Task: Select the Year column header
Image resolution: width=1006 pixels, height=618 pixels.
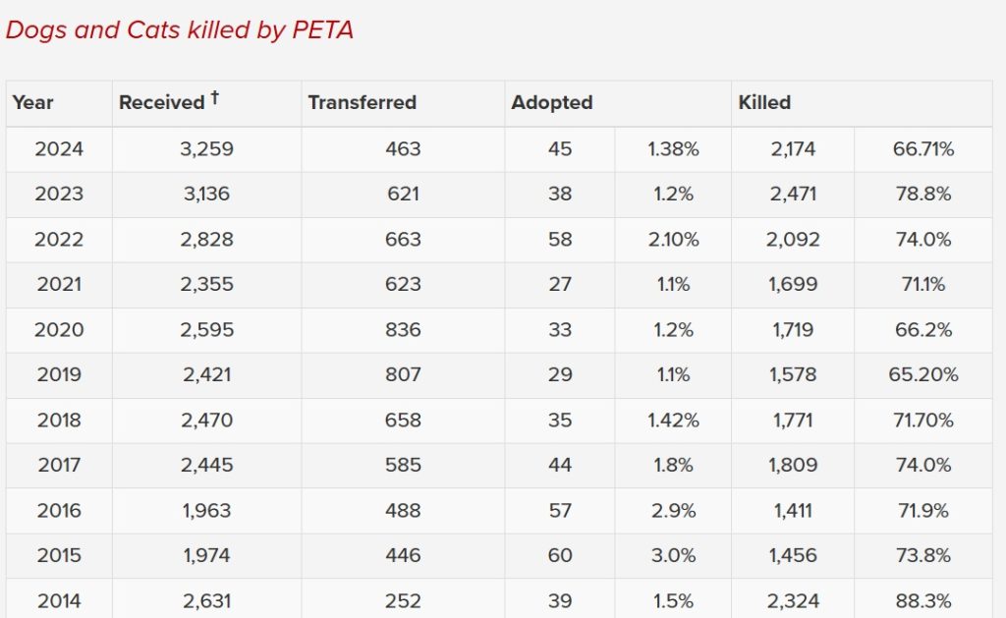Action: (x=32, y=102)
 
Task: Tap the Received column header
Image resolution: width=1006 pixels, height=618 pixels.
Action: (x=161, y=102)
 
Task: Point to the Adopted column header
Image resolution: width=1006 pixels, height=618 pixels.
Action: (x=552, y=102)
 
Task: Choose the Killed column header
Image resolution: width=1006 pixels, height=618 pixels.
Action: (x=764, y=102)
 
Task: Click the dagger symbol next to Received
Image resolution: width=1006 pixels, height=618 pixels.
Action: (x=214, y=98)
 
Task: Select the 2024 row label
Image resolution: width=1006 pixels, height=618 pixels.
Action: (x=59, y=149)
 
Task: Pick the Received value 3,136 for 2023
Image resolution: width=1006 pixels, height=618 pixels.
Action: (x=206, y=195)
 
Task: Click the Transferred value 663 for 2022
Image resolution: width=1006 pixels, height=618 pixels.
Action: (x=403, y=240)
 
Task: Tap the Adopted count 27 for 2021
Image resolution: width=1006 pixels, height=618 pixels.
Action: (x=560, y=285)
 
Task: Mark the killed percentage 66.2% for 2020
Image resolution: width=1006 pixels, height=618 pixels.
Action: (x=922, y=330)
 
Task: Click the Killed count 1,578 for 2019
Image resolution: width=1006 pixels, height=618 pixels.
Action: (x=792, y=375)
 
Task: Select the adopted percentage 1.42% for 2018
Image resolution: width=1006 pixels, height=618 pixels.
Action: (x=673, y=421)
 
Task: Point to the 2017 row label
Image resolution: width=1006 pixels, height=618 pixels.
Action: (x=59, y=466)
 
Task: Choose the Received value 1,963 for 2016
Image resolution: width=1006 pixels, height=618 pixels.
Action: (x=206, y=511)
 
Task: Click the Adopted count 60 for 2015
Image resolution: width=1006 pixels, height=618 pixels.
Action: (x=560, y=556)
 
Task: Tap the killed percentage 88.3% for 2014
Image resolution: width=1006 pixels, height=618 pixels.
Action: (x=922, y=601)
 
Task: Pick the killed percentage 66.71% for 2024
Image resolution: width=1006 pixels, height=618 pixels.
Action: (x=922, y=149)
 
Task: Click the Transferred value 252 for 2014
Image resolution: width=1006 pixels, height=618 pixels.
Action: (x=403, y=601)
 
